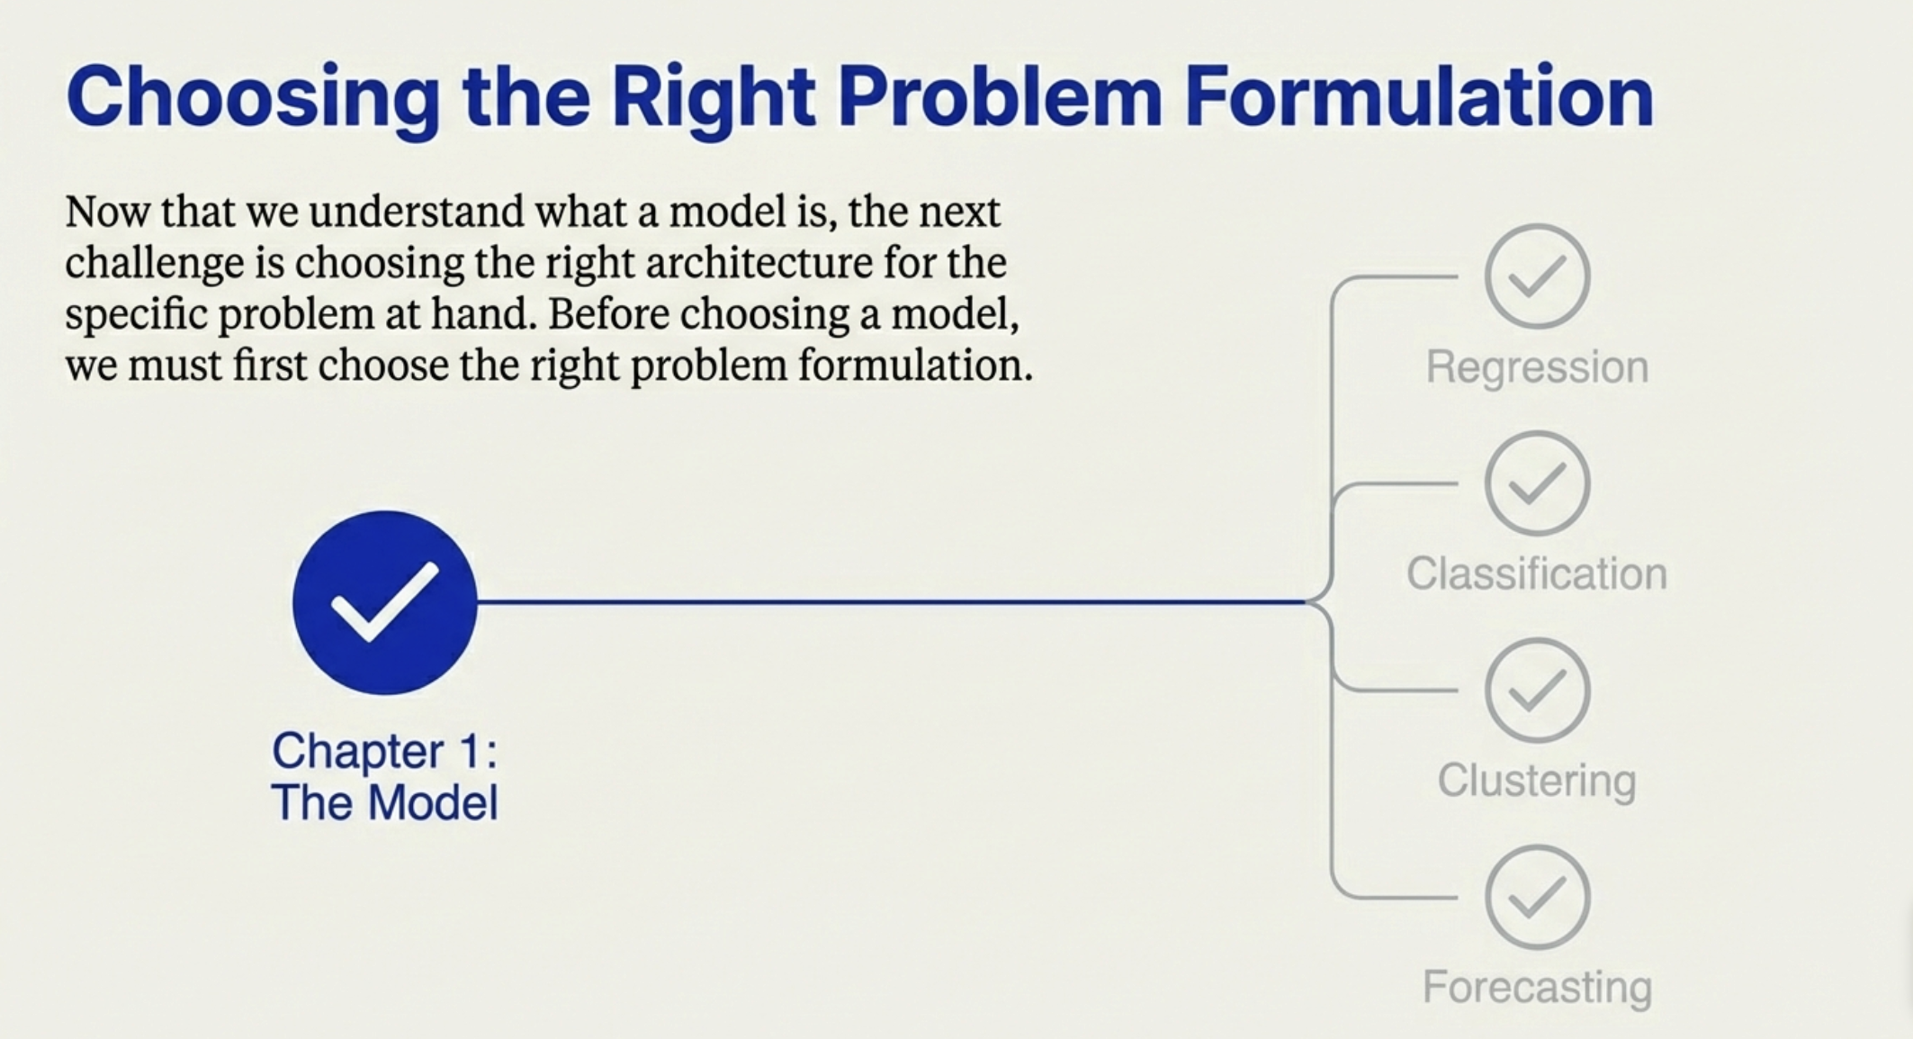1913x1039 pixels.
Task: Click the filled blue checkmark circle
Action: [x=385, y=602]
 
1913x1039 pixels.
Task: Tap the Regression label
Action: [x=1537, y=366]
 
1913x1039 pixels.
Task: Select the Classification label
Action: [x=1537, y=574]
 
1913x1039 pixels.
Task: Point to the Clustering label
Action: [x=1537, y=780]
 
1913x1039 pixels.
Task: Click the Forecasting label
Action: [x=1537, y=987]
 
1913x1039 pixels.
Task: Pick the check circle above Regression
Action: [x=1537, y=276]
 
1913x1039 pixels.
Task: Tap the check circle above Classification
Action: [x=1537, y=483]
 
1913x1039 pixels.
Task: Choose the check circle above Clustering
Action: [x=1537, y=691]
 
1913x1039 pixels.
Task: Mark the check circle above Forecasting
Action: [x=1537, y=898]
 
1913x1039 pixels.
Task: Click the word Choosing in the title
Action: [x=253, y=97]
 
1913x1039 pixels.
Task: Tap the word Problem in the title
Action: [x=999, y=97]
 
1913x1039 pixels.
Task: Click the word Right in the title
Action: [x=713, y=97]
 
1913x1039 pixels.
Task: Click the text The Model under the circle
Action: [x=384, y=802]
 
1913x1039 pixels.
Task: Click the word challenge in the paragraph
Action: [x=155, y=264]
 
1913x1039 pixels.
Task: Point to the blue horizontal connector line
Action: [x=891, y=601]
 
